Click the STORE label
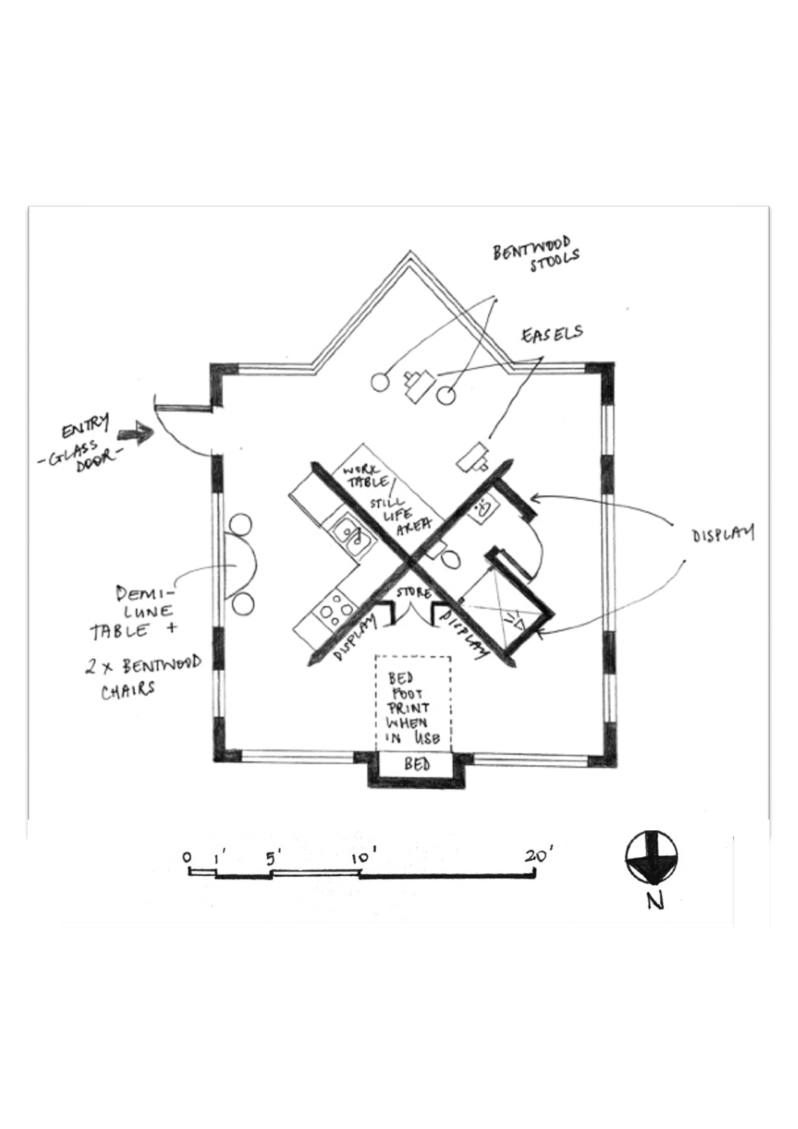tap(414, 593)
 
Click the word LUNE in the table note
tap(148, 612)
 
